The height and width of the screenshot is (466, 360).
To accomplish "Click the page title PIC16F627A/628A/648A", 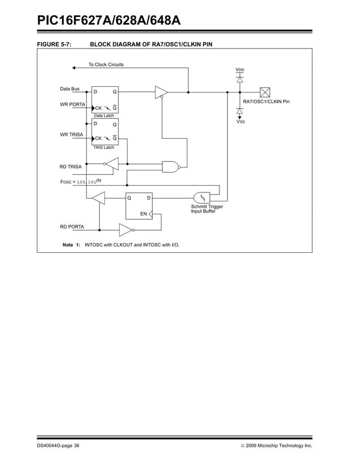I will coord(108,21).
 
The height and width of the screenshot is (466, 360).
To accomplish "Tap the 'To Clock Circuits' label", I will coord(106,64).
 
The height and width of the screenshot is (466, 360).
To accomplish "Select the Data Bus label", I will coord(70,89).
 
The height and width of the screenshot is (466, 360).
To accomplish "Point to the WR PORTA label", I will coord(72,105).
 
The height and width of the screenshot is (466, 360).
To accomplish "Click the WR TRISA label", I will coord(72,134).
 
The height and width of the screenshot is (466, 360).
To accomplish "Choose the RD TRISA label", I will coord(71,167).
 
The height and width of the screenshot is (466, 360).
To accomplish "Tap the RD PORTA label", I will coord(72,226).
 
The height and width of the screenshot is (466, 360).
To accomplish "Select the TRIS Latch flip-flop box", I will coord(105,131).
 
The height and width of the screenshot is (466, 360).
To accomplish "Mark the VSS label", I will coord(240,122).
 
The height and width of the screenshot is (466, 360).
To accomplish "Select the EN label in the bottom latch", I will coord(143,214).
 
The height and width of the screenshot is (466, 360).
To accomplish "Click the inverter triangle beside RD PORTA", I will coord(125,230).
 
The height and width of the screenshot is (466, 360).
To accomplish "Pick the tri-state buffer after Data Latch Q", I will coord(161,91).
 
